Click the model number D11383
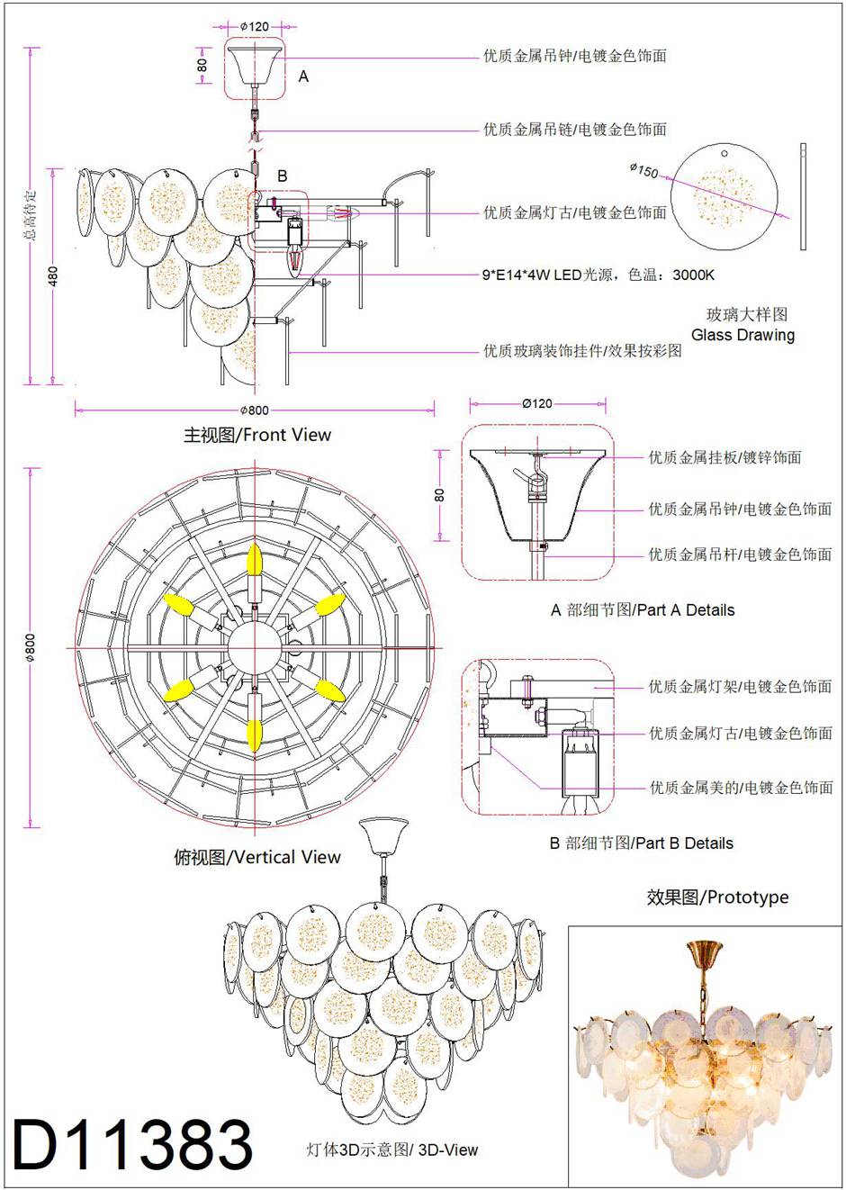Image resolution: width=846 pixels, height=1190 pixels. [x=133, y=1144]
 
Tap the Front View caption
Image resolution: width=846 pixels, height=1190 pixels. [x=257, y=435]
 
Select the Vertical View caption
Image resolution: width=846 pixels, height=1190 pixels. [x=257, y=857]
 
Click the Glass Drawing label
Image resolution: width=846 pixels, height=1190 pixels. [x=742, y=335]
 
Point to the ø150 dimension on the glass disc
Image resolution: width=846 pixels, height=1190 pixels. [x=644, y=169]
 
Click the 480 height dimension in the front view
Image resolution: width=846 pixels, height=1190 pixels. [x=53, y=276]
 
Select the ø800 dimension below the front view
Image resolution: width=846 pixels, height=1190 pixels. [x=255, y=410]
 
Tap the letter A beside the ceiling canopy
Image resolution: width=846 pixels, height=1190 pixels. [x=303, y=77]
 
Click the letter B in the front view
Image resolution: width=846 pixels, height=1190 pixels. [x=282, y=176]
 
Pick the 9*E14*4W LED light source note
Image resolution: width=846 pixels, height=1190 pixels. [x=598, y=275]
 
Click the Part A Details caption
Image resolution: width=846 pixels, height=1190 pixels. [x=643, y=610]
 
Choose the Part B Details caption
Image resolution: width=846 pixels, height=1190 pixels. [x=641, y=843]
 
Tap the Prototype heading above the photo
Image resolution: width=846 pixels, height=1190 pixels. [x=717, y=897]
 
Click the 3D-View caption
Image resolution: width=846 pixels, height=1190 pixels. [x=392, y=1149]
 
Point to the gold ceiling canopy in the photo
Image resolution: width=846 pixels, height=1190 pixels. [x=703, y=951]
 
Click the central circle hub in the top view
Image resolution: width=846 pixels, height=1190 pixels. [x=254, y=646]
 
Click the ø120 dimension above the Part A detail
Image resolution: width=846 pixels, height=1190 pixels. [x=537, y=403]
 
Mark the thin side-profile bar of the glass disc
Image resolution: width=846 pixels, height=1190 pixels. [x=803, y=196]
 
